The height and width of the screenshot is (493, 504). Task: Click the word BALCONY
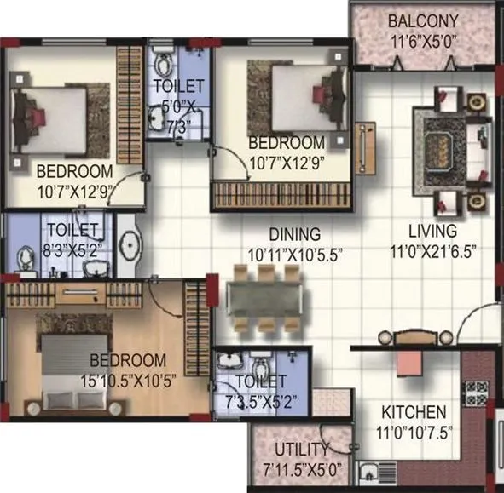click(x=423, y=20)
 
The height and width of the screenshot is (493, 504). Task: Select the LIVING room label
click(x=432, y=231)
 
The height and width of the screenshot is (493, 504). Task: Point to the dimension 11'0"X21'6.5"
click(x=432, y=250)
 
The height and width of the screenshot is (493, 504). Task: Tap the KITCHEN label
click(x=414, y=410)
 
